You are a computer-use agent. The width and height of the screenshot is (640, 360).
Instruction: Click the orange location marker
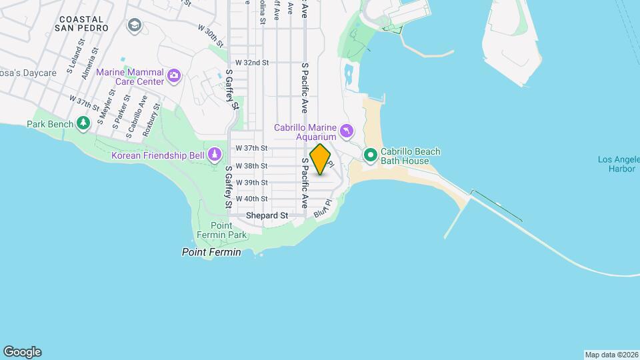tap(321, 159)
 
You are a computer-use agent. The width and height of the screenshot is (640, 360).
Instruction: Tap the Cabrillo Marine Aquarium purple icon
tap(346, 131)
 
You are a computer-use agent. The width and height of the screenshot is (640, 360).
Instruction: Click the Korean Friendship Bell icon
tap(215, 155)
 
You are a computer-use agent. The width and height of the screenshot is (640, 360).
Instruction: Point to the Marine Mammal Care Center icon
tap(174, 74)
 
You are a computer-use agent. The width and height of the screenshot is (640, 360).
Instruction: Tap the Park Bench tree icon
tap(83, 123)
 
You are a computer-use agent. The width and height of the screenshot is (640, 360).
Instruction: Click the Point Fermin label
tap(211, 252)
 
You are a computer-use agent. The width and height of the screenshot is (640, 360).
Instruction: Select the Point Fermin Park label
tap(221, 230)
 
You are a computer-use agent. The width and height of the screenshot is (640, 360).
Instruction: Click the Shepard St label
tap(267, 215)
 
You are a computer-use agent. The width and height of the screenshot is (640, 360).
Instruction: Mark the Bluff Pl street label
tap(323, 209)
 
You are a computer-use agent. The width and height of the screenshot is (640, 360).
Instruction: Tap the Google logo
tap(22, 352)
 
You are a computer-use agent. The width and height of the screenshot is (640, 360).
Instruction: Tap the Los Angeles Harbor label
tap(617, 164)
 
